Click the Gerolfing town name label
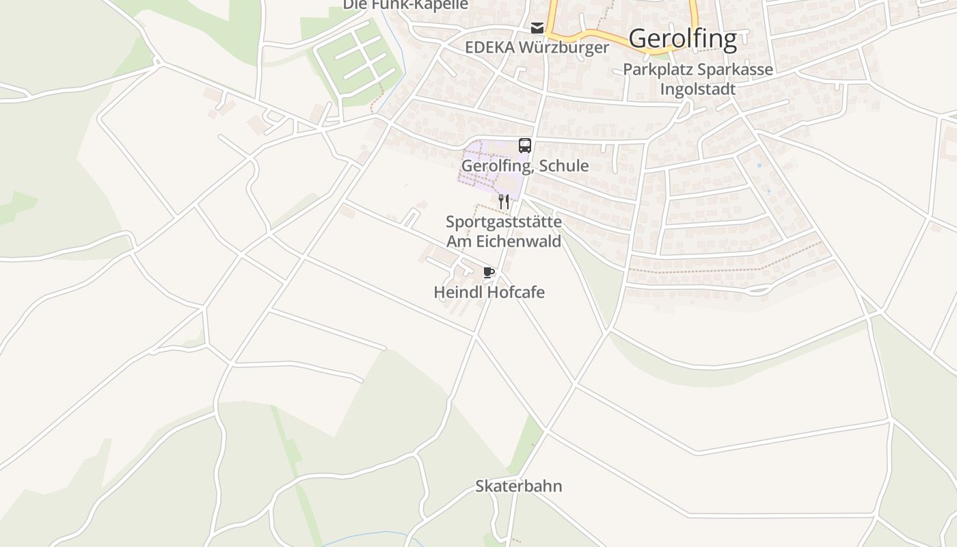click(682, 39)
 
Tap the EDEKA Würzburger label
click(537, 47)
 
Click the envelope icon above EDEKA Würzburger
click(537, 28)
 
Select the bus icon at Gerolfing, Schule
click(525, 145)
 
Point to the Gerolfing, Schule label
click(524, 166)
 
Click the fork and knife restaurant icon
click(504, 201)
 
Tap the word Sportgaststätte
click(504, 222)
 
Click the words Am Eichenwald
click(504, 241)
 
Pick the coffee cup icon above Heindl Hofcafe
click(489, 272)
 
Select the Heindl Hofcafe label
click(489, 292)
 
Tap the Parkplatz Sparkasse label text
click(698, 70)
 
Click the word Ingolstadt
click(698, 90)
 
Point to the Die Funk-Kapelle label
click(405, 5)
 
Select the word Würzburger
click(564, 47)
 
